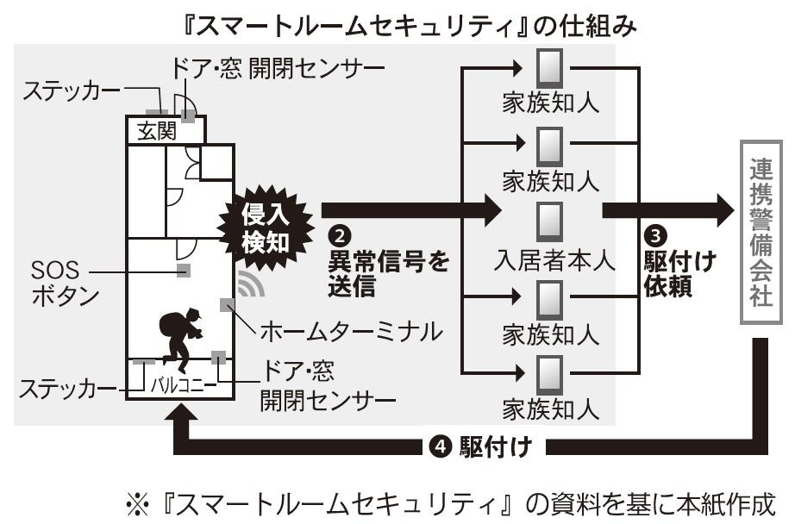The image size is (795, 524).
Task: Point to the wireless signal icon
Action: tap(250, 283)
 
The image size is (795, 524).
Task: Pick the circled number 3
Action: tap(655, 234)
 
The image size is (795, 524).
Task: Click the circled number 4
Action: tap(440, 446)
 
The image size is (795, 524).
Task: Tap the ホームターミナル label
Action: tap(350, 330)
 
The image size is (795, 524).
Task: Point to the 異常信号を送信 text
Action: tap(388, 274)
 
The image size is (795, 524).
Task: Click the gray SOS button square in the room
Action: tap(183, 271)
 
